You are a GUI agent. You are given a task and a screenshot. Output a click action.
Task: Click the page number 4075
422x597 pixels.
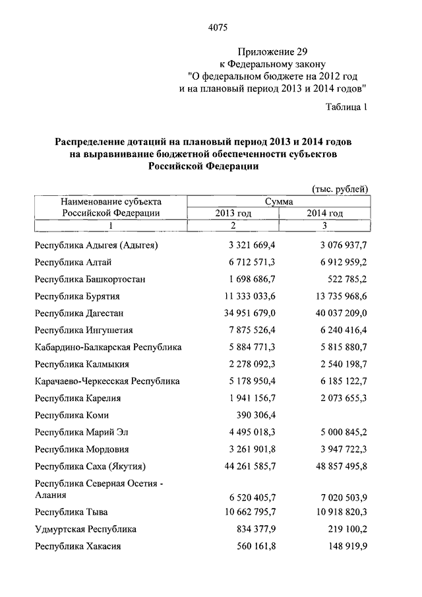click(x=217, y=28)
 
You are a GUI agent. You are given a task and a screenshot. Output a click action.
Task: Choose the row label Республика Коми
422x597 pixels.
click(x=73, y=416)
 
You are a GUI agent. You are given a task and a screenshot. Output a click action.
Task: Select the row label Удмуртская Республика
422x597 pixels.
click(x=86, y=529)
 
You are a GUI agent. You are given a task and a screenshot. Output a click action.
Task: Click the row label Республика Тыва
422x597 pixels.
click(x=73, y=512)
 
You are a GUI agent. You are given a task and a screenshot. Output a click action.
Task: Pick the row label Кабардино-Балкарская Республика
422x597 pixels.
click(x=109, y=347)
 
